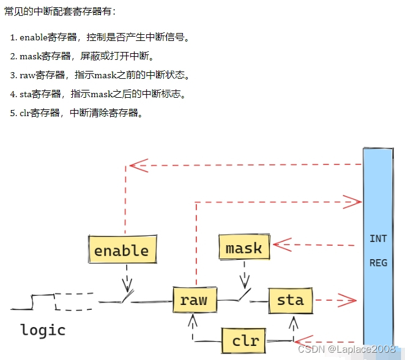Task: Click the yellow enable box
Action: [x=122, y=250]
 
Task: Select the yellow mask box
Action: [x=243, y=248]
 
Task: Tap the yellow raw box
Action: [x=194, y=299]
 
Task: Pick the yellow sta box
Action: [x=290, y=299]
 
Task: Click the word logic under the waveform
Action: [x=43, y=330]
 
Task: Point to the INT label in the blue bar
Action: [x=378, y=238]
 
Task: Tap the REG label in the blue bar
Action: [x=378, y=263]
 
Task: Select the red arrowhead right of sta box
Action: [x=348, y=300]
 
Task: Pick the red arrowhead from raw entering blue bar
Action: [x=353, y=200]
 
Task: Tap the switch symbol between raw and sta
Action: [x=244, y=296]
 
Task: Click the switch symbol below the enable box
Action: [x=127, y=297]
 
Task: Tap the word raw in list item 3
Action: [x=28, y=75]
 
